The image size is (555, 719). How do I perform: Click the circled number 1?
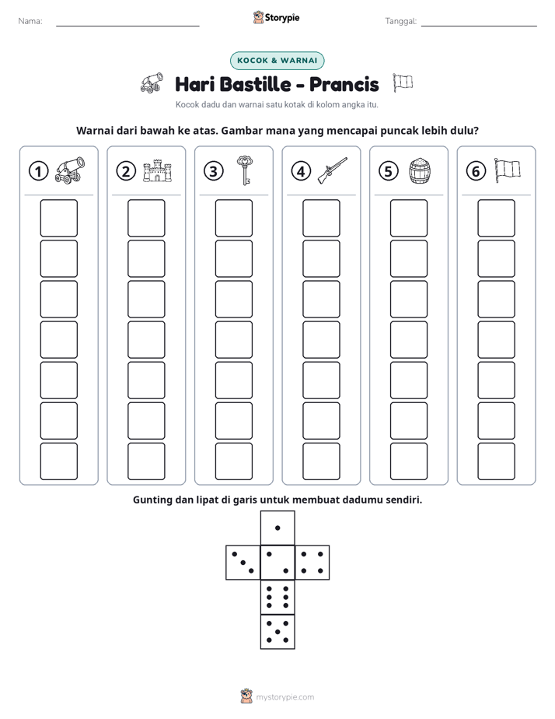(38, 171)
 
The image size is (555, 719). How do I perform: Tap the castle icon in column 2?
(157, 171)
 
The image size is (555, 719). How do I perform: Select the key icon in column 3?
(245, 170)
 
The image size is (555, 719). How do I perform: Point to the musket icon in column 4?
(333, 170)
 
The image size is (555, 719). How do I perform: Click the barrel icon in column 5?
(420, 171)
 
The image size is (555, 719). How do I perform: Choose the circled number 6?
(476, 171)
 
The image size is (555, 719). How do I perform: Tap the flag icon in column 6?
(507, 170)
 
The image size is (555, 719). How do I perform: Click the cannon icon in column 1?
(70, 170)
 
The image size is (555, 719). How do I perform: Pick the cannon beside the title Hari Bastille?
(152, 82)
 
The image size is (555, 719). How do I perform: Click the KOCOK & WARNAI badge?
(277, 61)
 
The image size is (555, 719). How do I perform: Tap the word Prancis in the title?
(344, 84)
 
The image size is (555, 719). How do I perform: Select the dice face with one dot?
(277, 528)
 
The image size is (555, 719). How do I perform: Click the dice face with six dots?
(277, 597)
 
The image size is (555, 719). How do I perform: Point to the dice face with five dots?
(277, 632)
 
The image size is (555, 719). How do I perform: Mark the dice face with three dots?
(243, 563)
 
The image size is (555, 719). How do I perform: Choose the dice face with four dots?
(312, 563)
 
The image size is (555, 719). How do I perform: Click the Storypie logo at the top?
(276, 18)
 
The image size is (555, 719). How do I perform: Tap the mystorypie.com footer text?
(284, 697)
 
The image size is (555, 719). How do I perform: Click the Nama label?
(30, 21)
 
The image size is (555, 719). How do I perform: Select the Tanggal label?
(400, 21)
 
